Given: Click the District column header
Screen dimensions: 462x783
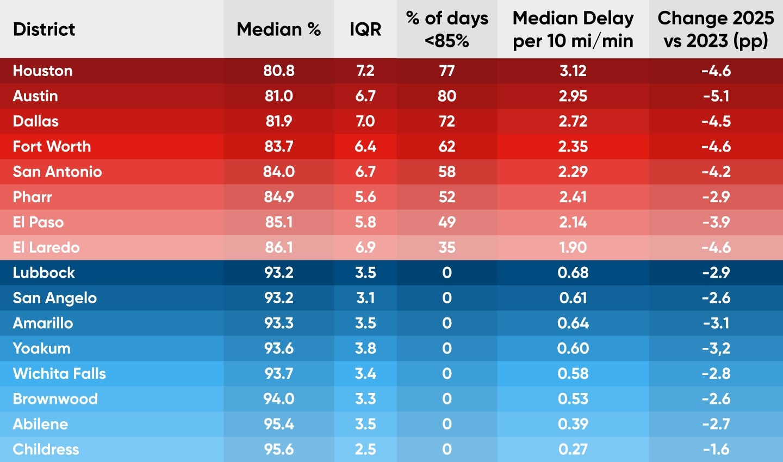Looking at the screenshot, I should (44, 29).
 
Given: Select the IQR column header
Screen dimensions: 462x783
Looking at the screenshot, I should (365, 29).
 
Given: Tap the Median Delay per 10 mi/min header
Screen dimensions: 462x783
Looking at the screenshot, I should (573, 29).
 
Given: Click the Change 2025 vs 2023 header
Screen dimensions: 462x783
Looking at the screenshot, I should (716, 29).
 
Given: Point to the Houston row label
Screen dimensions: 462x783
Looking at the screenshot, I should (43, 71).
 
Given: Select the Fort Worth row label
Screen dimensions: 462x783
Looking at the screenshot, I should (52, 146).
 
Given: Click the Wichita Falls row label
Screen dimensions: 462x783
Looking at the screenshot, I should (60, 373).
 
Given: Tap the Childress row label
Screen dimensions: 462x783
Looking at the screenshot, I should (46, 449).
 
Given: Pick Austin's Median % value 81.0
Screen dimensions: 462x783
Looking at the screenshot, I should (279, 96).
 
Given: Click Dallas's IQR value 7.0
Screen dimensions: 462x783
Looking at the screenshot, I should (365, 121).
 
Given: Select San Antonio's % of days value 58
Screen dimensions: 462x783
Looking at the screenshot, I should (447, 172).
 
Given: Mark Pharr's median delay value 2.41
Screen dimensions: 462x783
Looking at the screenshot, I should (573, 197).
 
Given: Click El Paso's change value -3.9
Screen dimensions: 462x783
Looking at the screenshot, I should (716, 222).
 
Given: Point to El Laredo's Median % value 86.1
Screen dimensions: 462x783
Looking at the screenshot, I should (279, 247).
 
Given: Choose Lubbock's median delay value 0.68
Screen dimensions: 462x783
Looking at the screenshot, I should (573, 272).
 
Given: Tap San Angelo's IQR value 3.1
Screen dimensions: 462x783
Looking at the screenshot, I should (365, 298).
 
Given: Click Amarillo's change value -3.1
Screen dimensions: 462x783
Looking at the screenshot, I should (716, 323).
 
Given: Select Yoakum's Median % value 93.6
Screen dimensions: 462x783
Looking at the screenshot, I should (279, 348).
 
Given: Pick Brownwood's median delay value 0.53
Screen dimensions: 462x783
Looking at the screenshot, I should (573, 398).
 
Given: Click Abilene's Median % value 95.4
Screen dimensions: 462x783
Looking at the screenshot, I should (279, 424).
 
